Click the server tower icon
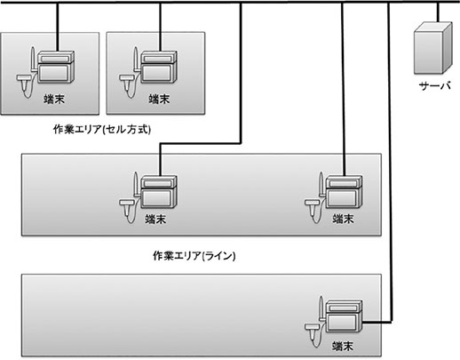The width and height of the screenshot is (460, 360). pyautogui.click(x=432, y=48)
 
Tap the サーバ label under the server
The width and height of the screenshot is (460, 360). pyautogui.click(x=435, y=86)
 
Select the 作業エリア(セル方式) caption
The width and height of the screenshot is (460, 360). pyautogui.click(x=102, y=130)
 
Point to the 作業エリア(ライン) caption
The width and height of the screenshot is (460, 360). pyautogui.click(x=194, y=256)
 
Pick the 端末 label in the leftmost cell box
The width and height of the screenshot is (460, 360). pyautogui.click(x=54, y=99)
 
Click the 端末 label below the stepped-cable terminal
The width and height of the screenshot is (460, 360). pyautogui.click(x=155, y=220)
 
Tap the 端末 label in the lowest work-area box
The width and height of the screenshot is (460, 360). pyautogui.click(x=343, y=346)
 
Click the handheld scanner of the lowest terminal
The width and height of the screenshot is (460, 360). pyautogui.click(x=313, y=332)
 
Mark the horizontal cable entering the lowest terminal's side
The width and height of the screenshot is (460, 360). pyautogui.click(x=377, y=322)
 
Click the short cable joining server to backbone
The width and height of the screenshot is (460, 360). pyautogui.click(x=438, y=12)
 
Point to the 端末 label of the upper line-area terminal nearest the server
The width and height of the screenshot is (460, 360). pyautogui.click(x=343, y=219)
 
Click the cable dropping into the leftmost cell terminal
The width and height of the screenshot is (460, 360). pyautogui.click(x=58, y=27)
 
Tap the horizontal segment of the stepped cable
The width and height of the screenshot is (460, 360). pyautogui.click(x=201, y=144)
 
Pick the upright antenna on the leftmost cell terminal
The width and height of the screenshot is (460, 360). pyautogui.click(x=33, y=59)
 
